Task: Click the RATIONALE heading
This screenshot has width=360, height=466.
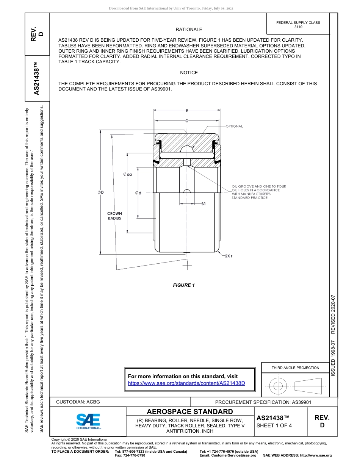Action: coord(189,29)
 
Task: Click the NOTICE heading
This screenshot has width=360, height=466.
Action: coord(189,73)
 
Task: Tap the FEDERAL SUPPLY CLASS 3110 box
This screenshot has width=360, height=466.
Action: coord(298,25)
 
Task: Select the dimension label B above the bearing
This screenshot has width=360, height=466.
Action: coord(187,110)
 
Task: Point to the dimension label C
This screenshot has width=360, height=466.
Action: coord(187,120)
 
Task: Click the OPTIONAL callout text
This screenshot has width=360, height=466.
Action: coord(234,126)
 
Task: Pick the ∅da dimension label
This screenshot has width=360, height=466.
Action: coord(127,174)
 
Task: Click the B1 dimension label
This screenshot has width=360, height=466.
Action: coord(203,204)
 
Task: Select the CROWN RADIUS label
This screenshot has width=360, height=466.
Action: coord(114,216)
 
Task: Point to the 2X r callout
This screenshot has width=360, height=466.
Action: coord(228,256)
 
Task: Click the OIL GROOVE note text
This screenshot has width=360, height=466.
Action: coord(259,192)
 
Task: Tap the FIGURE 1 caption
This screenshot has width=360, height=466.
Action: coord(184,285)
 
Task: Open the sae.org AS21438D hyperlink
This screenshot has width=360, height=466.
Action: coord(186,383)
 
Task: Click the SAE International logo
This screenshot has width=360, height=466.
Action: coord(88,421)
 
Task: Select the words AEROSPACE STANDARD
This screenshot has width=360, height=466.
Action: coord(190,412)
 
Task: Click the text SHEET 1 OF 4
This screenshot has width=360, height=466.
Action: coord(274,425)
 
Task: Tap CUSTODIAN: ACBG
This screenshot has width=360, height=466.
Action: coord(78,402)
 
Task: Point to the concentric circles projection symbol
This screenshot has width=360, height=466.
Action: coord(278,386)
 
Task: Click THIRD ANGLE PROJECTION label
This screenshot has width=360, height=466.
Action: coord(295,367)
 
